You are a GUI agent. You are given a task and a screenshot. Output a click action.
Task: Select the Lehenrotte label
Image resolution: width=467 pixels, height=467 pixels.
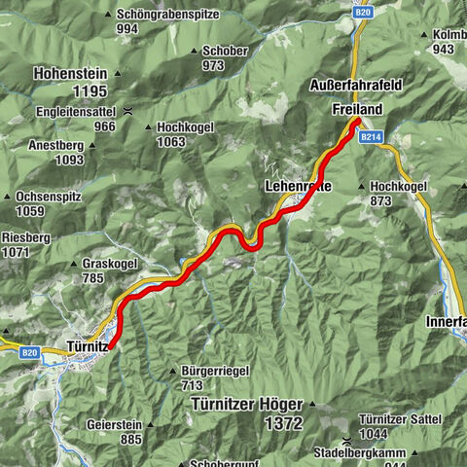(x=296, y=186)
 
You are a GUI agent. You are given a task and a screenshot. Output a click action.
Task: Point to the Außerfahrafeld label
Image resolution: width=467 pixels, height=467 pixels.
(x=355, y=86)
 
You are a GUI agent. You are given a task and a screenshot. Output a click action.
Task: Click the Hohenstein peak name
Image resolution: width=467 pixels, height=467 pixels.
(x=69, y=73)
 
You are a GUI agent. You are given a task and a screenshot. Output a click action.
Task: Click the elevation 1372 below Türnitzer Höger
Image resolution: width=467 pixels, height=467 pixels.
(x=282, y=423)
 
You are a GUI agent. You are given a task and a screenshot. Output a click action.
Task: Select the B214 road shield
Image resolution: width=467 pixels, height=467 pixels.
(x=367, y=139)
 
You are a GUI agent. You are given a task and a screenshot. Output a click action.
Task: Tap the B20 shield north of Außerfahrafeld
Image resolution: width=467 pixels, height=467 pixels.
(x=363, y=13)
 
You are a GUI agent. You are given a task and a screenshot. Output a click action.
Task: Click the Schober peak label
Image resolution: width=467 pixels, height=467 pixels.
(x=226, y=51)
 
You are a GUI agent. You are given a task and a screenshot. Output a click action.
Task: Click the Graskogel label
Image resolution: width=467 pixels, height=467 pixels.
(x=109, y=263)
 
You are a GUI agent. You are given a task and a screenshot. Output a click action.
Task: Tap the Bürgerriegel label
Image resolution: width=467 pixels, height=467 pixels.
(x=216, y=371)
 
